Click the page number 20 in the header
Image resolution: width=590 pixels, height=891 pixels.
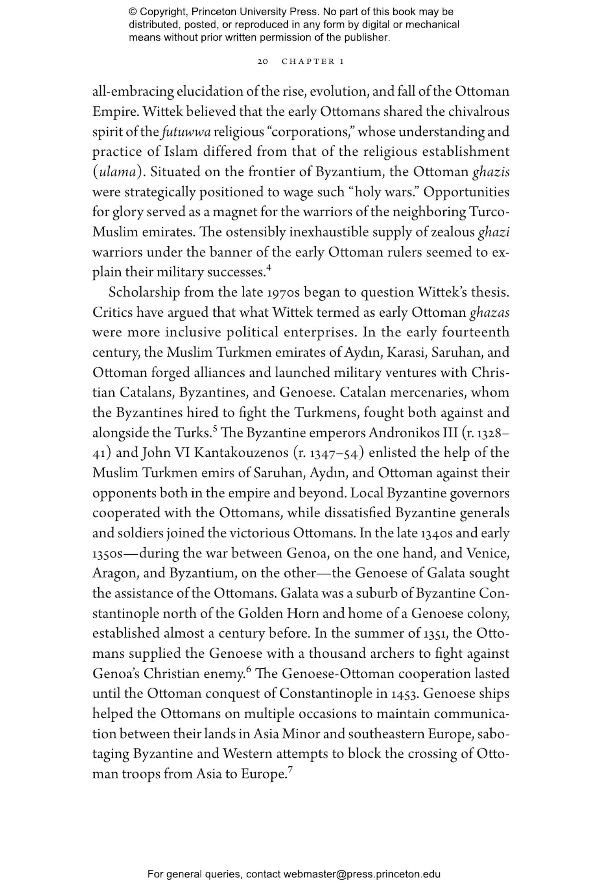pos(263,62)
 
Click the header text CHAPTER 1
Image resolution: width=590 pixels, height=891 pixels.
pos(313,62)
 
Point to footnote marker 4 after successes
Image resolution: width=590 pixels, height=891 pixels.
pos(269,268)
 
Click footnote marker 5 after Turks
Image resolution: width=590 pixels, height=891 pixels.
pos(215,429)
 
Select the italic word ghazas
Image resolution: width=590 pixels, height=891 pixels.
pos(489,313)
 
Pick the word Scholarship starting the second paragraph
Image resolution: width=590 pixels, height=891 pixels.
pos(144,293)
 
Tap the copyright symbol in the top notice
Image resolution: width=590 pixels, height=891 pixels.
pos(132,12)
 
